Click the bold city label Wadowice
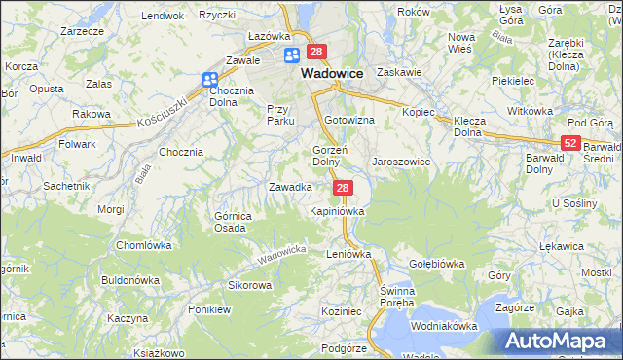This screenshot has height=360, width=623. pyautogui.click(x=332, y=73)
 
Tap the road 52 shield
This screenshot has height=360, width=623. pyautogui.click(x=570, y=143)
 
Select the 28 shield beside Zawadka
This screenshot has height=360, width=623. pyautogui.click(x=342, y=186)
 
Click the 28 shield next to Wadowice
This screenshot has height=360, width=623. pyautogui.click(x=315, y=52)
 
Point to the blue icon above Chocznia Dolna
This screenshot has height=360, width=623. pyautogui.click(x=211, y=81)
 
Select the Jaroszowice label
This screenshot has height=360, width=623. pyautogui.click(x=401, y=162)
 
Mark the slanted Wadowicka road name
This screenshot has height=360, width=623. pyautogui.click(x=282, y=256)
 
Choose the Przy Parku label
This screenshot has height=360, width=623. pyautogui.click(x=280, y=115)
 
